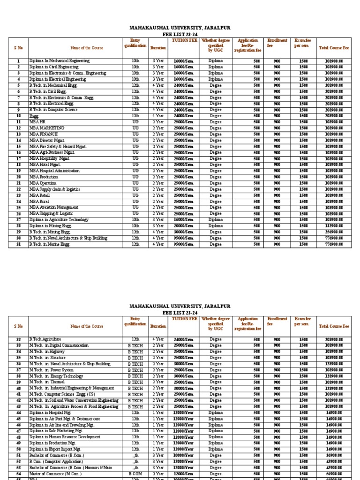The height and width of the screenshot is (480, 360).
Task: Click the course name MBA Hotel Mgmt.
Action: pyautogui.click(x=45, y=165)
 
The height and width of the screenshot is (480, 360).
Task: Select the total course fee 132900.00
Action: pyautogui.click(x=334, y=226)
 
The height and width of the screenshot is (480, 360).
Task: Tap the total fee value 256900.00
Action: pyautogui.click(x=334, y=232)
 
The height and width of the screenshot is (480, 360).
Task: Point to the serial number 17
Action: pyautogui.click(x=19, y=158)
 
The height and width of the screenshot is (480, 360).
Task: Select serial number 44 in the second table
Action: pyautogui.click(x=19, y=412)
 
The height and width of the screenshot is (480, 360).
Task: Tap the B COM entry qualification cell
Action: pyautogui.click(x=135, y=474)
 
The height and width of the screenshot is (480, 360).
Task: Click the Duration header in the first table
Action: pyautogui.click(x=157, y=48)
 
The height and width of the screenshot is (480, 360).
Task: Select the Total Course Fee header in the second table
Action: pyautogui.click(x=334, y=326)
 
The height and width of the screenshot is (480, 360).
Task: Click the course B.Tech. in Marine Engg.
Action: pyautogui.click(x=49, y=244)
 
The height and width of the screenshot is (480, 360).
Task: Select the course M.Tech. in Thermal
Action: pyautogui.click(x=47, y=382)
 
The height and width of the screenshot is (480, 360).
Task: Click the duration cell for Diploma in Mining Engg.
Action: pyautogui.click(x=157, y=225)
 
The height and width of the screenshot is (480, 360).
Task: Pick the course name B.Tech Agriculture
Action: pyautogui.click(x=45, y=339)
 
